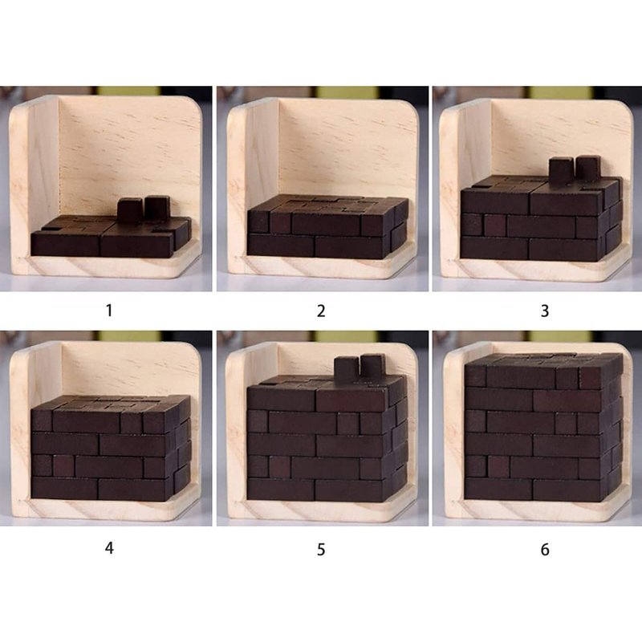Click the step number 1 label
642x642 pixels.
coord(109,311)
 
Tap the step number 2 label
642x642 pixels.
coord(321,311)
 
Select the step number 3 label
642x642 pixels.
coord(545,311)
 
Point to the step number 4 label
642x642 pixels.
coord(109,548)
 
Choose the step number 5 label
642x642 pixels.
coord(321,549)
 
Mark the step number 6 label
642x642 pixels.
coord(545,549)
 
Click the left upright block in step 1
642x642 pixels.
coord(130,209)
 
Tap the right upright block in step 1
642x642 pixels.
coord(157,208)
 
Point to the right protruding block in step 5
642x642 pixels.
coord(373,367)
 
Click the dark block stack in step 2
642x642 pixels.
coord(327,227)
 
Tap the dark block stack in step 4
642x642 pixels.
coord(111,449)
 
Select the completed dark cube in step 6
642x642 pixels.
coord(544,427)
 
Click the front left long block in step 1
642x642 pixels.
coord(66,244)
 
